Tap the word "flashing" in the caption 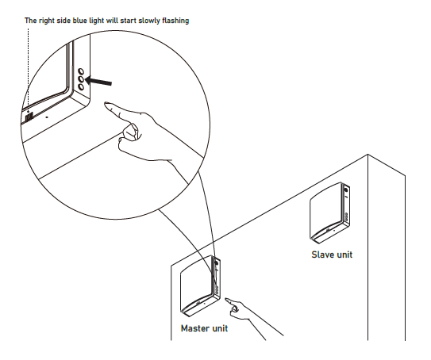tap(175, 21)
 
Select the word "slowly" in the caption tap(148, 21)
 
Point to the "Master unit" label tap(204, 328)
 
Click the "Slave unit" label tap(332, 255)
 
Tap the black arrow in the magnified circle tap(98, 81)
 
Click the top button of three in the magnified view tap(81, 72)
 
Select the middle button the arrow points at tap(81, 79)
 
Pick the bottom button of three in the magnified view tap(81, 87)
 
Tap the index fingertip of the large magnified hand tap(106, 104)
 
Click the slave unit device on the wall tap(329, 213)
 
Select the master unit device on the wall tap(200, 285)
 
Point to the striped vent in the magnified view tap(29, 117)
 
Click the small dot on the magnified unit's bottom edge tap(47, 117)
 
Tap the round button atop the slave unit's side tap(345, 190)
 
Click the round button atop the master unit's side tap(216, 263)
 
